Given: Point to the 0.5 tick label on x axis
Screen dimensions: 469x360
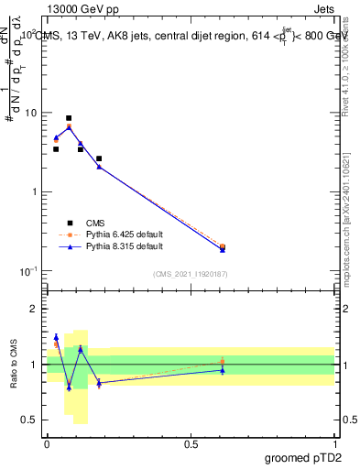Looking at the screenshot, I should (x=191, y=444).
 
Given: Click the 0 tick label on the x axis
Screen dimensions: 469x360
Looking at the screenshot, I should (x=47, y=444).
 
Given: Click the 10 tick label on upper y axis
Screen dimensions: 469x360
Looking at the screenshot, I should (x=29, y=114).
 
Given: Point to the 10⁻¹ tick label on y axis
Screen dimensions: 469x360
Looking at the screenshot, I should (x=27, y=271).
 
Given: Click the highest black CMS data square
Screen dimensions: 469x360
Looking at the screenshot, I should (x=69, y=118).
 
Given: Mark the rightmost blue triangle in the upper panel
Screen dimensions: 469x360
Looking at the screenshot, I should (x=223, y=249).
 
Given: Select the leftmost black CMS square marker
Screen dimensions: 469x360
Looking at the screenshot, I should (x=56, y=149).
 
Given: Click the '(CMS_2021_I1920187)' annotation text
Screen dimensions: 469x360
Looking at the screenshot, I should (x=191, y=274).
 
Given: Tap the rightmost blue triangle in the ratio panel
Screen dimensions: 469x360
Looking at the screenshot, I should (x=223, y=370).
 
